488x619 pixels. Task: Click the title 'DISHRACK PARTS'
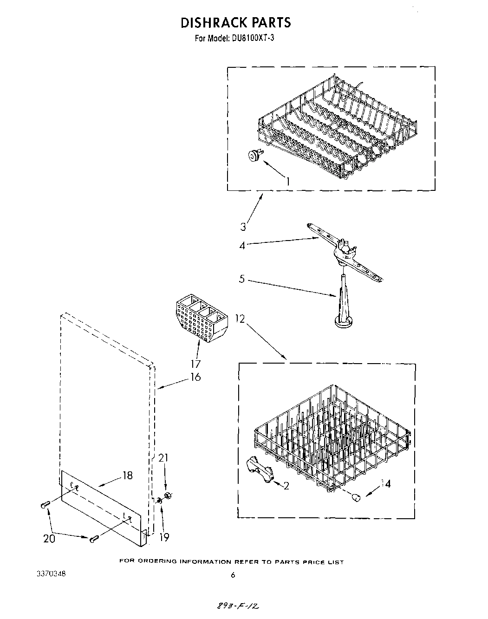pos(235,22)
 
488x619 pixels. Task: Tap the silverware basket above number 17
pos(202,319)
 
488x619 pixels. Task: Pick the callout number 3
pos(243,227)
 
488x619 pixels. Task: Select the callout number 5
pos(242,280)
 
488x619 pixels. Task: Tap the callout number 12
pos(240,319)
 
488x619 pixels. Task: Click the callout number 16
pos(195,377)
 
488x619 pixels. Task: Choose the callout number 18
pos(127,475)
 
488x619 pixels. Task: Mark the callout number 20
pos(49,539)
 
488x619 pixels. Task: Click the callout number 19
pos(164,537)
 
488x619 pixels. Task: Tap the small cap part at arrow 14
pos(356,498)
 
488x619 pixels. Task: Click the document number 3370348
pos(51,574)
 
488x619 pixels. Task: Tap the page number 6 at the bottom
pos(233,575)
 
